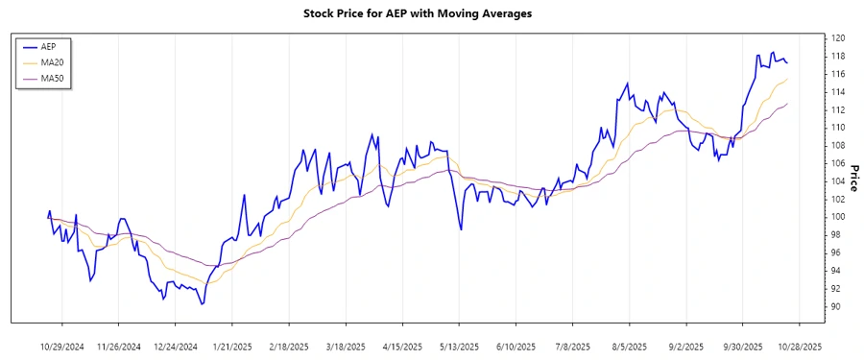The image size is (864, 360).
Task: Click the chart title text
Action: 431,14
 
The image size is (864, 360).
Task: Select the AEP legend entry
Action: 49,46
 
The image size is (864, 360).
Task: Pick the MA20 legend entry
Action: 52,62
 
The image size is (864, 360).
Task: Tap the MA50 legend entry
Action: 52,78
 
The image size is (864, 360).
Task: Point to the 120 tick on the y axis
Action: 837,37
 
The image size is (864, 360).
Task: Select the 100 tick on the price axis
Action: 837,217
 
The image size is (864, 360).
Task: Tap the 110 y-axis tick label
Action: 837,127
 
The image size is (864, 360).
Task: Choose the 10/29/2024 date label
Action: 63,346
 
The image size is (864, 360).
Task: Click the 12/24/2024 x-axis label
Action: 176,346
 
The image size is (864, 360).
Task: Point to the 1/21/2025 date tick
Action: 231,346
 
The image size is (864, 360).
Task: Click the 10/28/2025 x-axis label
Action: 800,346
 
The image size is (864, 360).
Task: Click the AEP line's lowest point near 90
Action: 202,304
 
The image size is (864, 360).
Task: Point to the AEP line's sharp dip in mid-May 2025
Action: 461,229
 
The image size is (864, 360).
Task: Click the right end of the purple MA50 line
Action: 787,104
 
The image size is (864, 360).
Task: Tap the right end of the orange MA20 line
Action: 787,79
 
